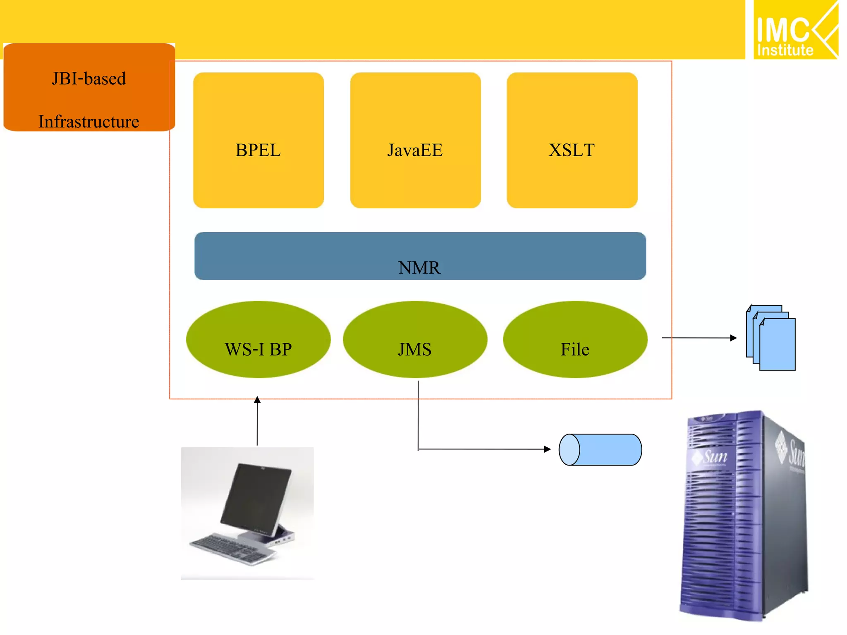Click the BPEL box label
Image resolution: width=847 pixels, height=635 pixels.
pyautogui.click(x=258, y=150)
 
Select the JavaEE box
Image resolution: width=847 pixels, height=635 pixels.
pyautogui.click(x=415, y=141)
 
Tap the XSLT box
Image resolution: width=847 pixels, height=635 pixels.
pyautogui.click(x=572, y=141)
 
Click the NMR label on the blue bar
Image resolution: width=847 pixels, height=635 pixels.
pyautogui.click(x=419, y=267)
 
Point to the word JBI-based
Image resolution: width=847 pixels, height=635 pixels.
pyautogui.click(x=89, y=79)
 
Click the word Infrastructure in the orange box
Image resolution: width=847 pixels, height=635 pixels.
pyautogui.click(x=89, y=122)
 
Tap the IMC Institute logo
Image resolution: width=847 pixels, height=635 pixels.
pyautogui.click(x=795, y=30)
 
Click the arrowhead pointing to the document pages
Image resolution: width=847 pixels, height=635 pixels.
pyautogui.click(x=734, y=338)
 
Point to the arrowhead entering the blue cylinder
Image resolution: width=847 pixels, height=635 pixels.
pyautogui.click(x=548, y=449)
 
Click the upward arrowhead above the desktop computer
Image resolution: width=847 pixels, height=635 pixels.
pyautogui.click(x=257, y=399)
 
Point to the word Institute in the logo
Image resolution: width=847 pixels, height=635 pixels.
pyautogui.click(x=785, y=50)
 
